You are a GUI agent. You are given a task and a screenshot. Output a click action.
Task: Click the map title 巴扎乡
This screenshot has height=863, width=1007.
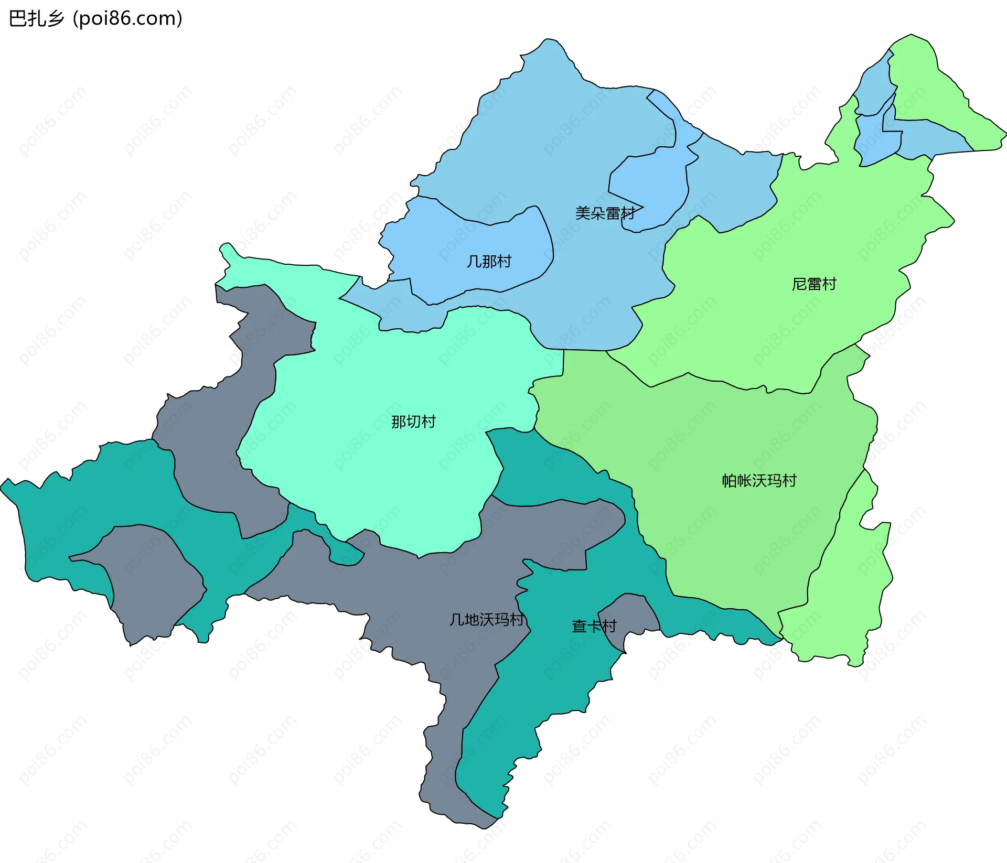(37, 19)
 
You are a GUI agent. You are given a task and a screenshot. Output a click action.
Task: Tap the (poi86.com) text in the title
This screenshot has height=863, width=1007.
(127, 19)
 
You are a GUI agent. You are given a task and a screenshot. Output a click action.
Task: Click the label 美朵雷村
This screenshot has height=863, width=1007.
(605, 213)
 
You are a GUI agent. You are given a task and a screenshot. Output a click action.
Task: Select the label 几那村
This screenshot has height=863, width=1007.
(489, 261)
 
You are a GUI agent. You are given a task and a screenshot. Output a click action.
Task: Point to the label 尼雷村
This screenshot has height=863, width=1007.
(813, 284)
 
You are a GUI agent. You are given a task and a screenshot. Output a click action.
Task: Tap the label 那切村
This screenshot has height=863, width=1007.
(413, 422)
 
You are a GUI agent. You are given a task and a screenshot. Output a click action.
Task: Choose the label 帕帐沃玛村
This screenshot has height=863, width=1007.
(759, 480)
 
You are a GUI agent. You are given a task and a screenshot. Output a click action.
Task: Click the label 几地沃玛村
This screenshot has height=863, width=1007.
(487, 620)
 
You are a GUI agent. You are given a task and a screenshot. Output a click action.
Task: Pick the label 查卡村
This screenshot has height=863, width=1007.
(594, 626)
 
